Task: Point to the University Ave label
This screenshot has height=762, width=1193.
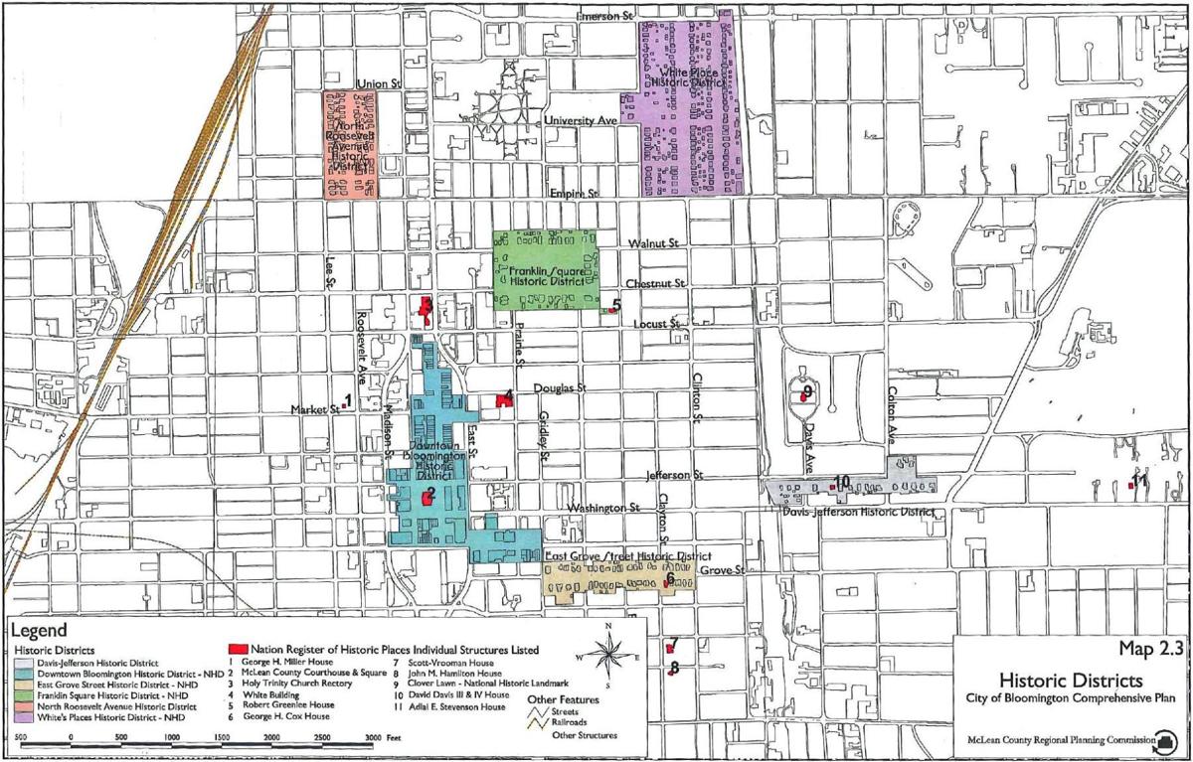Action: point(581,120)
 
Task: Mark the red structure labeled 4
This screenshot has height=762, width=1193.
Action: point(503,400)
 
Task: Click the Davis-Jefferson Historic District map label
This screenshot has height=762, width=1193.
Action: point(858,513)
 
